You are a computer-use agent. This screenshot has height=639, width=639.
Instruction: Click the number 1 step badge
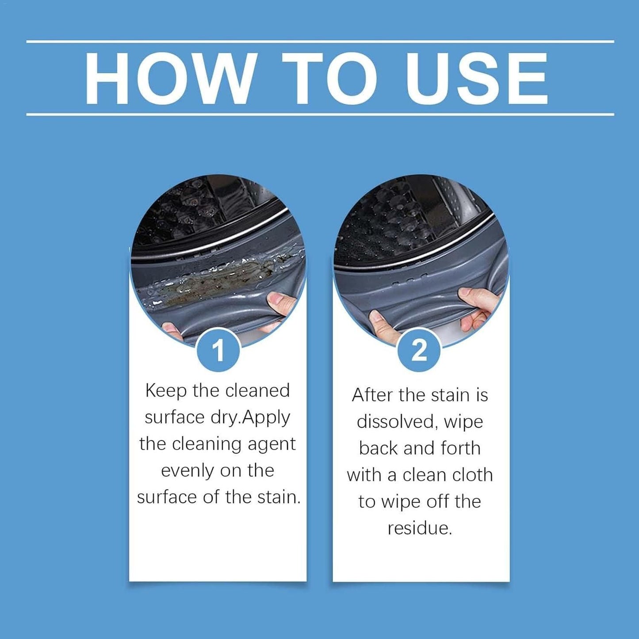[218, 351]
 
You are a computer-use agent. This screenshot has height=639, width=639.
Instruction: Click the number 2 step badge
[419, 351]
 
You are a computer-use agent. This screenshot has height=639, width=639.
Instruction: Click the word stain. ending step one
[279, 497]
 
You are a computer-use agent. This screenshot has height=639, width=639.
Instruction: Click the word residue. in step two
[420, 528]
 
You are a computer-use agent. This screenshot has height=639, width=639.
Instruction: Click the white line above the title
[320, 42]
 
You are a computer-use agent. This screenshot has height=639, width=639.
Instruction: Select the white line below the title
[320, 115]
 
